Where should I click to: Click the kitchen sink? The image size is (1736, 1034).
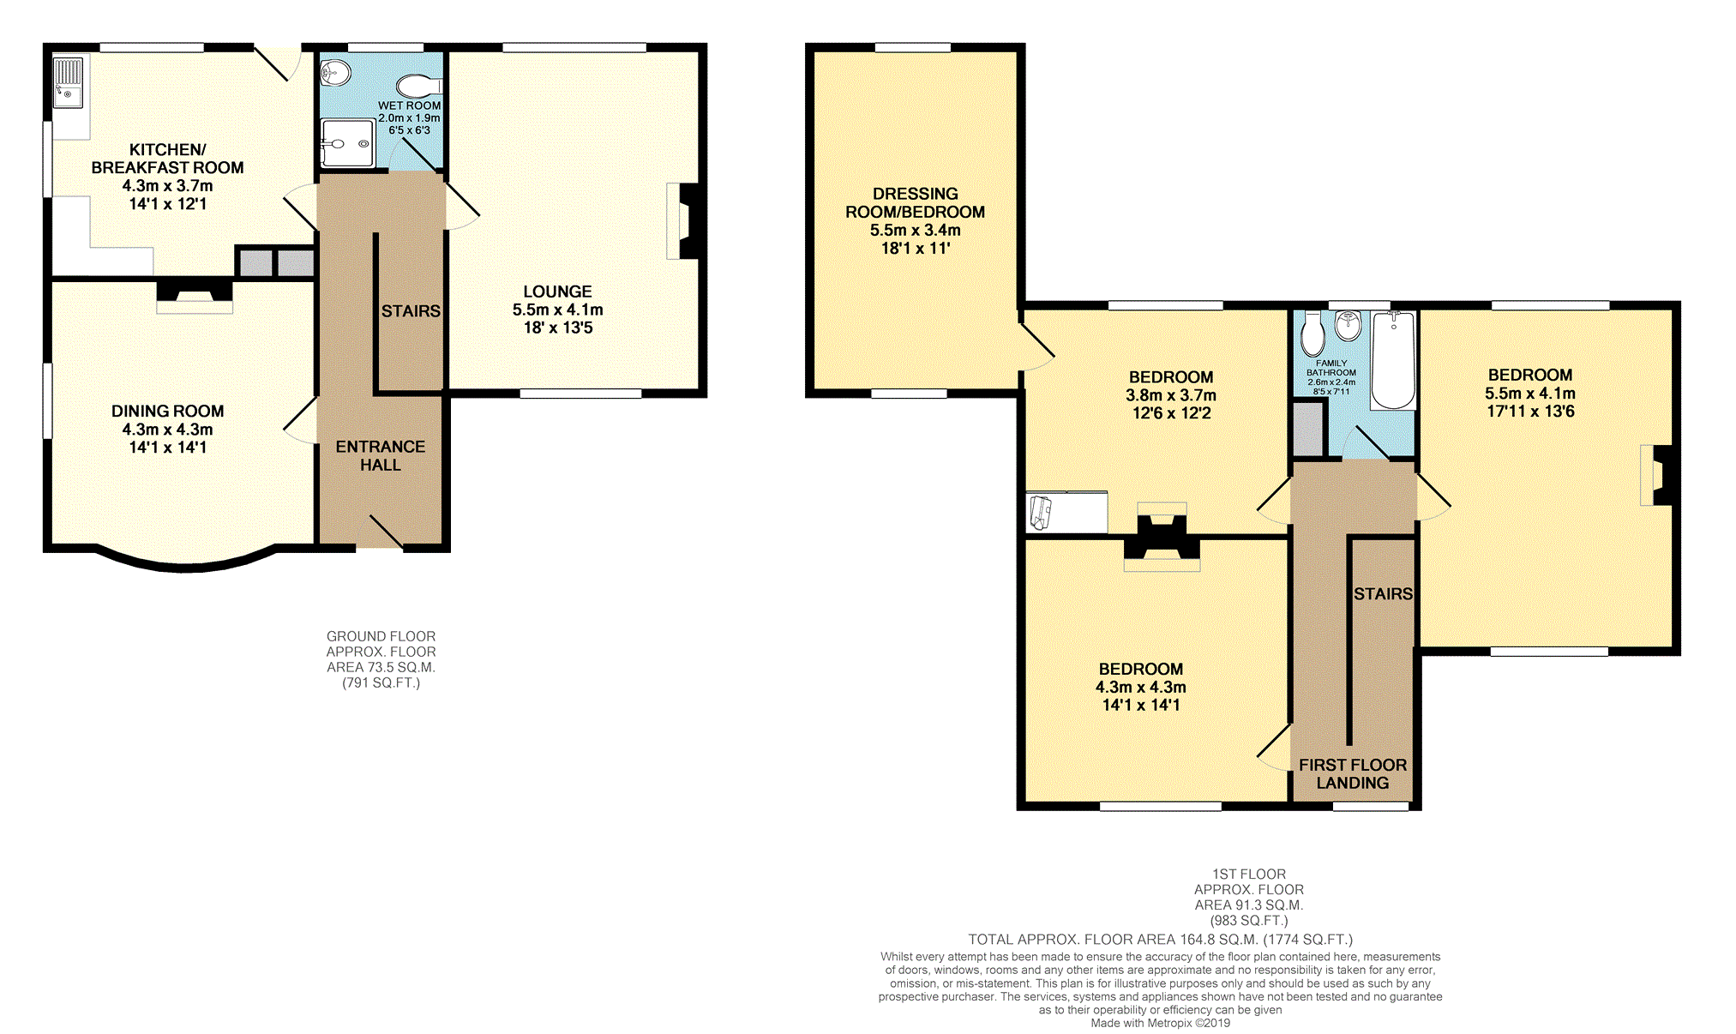(69, 82)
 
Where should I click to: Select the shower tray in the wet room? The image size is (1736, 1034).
(347, 143)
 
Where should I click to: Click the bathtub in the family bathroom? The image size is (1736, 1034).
(1393, 360)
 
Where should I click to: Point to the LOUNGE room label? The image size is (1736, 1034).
(557, 292)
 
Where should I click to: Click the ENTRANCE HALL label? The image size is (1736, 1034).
(380, 455)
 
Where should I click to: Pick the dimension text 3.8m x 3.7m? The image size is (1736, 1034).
(1170, 395)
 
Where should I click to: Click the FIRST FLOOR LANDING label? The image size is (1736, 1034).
(1352, 773)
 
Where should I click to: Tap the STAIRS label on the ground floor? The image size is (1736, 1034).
(411, 311)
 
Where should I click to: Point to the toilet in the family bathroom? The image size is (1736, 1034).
(1312, 334)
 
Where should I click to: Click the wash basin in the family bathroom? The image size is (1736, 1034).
(1349, 325)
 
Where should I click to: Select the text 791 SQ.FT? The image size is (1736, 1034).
(381, 683)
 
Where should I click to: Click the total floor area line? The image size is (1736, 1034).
(1160, 940)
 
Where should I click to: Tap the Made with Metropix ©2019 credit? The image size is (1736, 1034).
(1160, 1023)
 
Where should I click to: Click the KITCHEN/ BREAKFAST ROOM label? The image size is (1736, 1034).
(167, 159)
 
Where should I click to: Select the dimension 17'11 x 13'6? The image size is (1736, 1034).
(1530, 412)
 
